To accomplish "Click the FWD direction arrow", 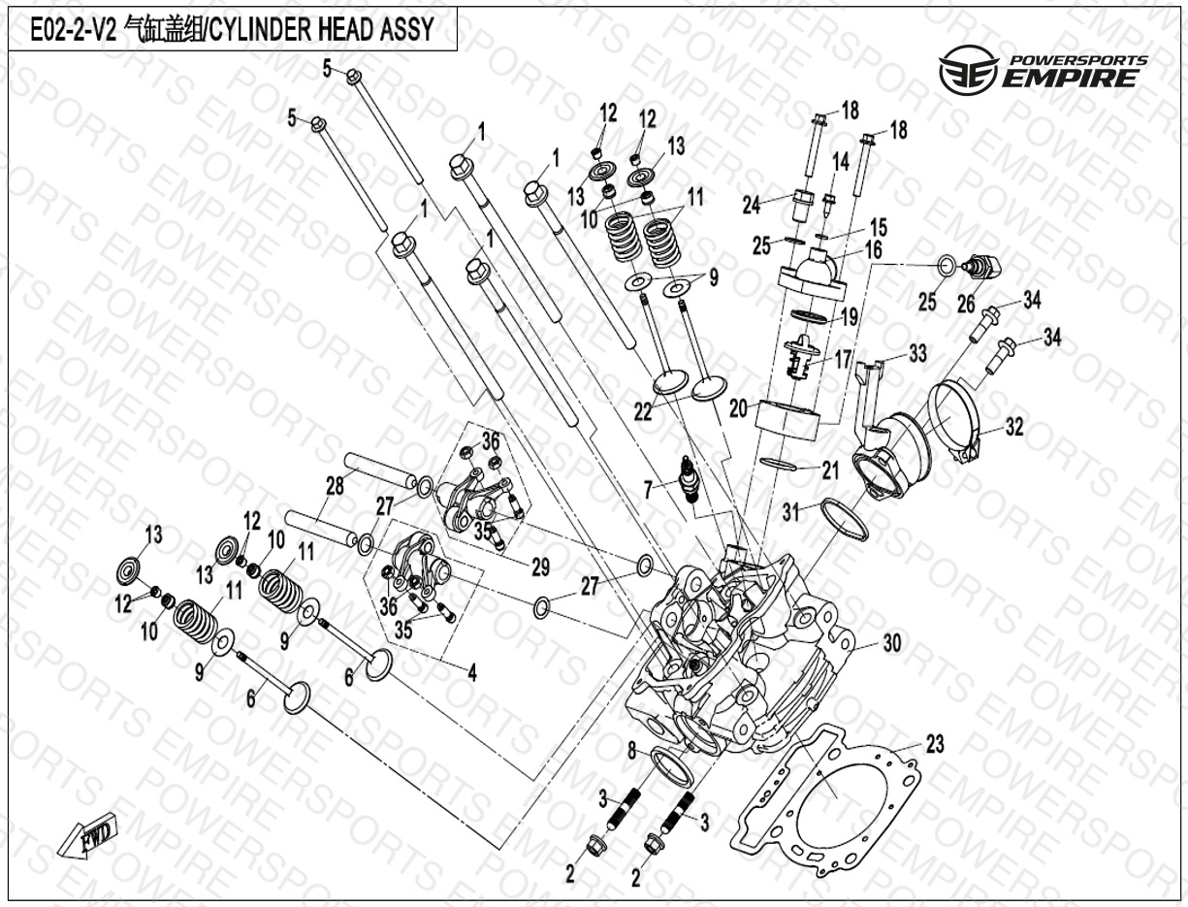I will (x=87, y=835).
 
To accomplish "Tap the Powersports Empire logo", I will (x=1042, y=72).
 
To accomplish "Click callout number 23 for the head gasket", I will (x=933, y=745).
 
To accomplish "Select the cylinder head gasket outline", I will (x=830, y=795).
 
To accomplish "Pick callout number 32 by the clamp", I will (x=1014, y=427).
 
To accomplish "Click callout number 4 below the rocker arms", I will (x=472, y=669).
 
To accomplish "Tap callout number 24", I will (x=751, y=205).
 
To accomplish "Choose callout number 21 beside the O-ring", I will (x=829, y=471).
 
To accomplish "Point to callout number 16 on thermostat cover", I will (x=874, y=251).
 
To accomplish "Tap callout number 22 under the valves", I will (x=642, y=411).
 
